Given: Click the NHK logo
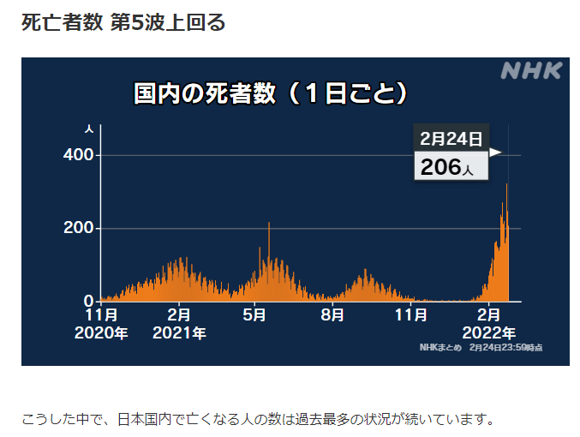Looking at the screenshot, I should tap(530, 71).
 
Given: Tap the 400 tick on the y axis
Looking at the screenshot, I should tap(79, 155).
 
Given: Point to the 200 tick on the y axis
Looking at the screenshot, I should tap(79, 229).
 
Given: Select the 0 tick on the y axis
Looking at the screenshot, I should tap(89, 302).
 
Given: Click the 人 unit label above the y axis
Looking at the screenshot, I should tap(90, 129).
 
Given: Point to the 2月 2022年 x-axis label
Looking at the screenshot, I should tap(489, 324).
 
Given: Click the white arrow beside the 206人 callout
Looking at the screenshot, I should tap(495, 153).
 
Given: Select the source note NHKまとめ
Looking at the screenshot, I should tap(439, 347).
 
